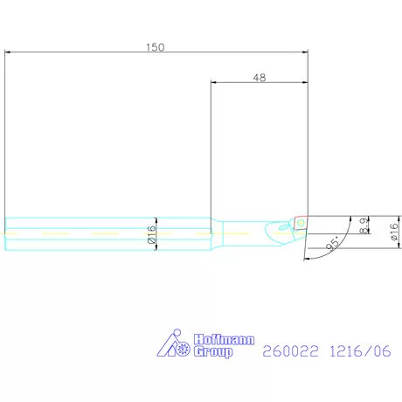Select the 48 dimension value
point(259,77)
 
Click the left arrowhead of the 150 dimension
point(8,52)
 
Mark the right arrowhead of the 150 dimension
point(307,52)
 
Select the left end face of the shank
point(5,232)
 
